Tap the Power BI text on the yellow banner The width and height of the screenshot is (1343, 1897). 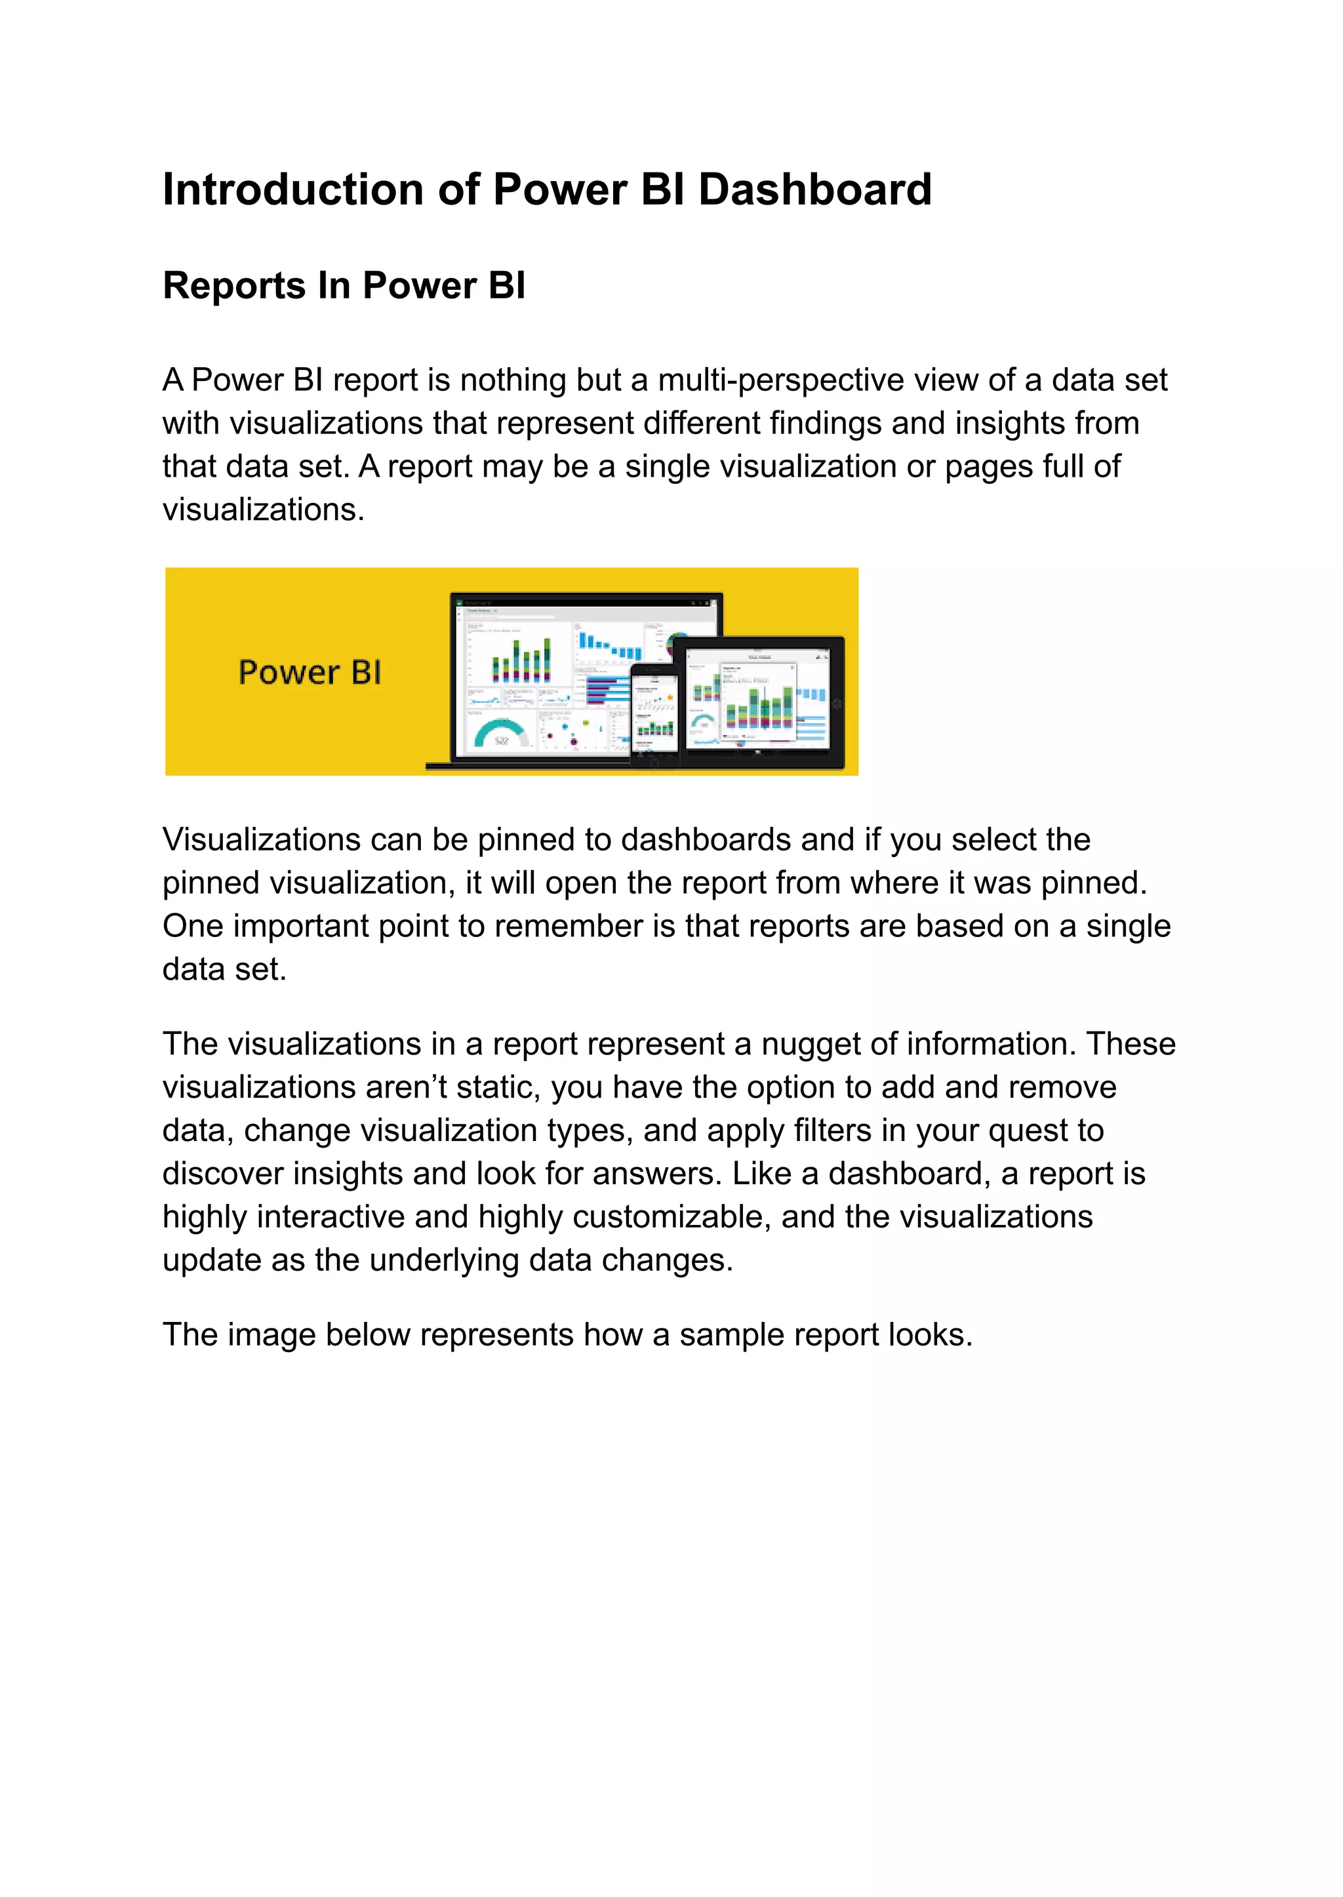pyautogui.click(x=310, y=672)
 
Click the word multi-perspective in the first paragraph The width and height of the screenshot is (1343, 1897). pyautogui.click(x=780, y=380)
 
